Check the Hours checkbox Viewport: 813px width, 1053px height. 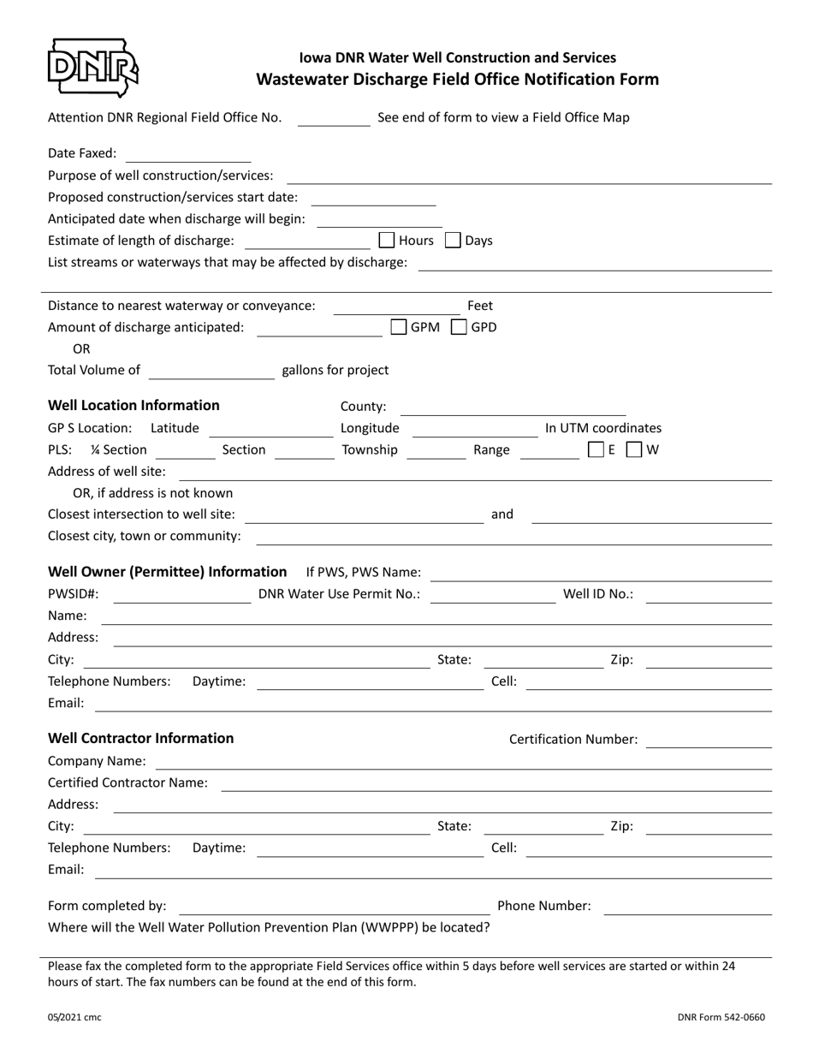[386, 241]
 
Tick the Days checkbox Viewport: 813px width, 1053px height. [454, 241]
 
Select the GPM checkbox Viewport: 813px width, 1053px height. [398, 327]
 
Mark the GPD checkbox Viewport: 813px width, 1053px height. [459, 327]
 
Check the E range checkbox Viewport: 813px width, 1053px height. [596, 449]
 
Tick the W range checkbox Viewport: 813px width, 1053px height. [634, 449]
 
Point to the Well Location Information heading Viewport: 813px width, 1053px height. [134, 405]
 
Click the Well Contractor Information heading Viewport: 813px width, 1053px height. [140, 738]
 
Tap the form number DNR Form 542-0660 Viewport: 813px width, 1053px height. [721, 1018]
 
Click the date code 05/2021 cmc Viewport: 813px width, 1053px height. [74, 1018]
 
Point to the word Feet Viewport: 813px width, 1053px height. [480, 306]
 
